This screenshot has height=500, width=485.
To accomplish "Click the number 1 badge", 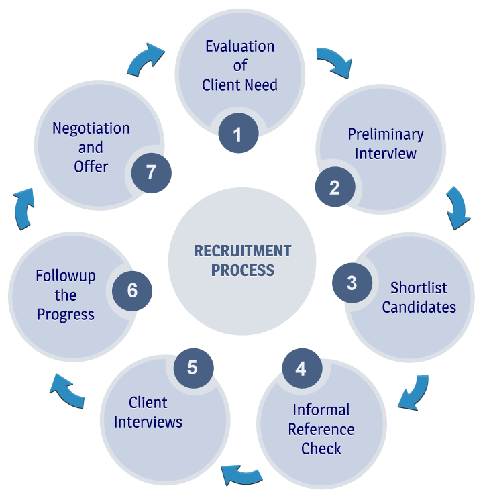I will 237,135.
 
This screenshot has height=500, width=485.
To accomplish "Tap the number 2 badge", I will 334,188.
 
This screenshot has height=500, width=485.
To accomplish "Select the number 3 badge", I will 352,283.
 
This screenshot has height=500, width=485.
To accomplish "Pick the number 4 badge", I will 301,368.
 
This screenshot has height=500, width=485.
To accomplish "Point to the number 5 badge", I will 193,368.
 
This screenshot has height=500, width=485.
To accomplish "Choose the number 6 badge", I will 132,290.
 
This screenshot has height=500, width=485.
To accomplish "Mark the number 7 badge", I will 151,172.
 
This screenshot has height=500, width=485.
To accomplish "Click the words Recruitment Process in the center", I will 242,261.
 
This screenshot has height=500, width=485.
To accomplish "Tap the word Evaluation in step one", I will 239,46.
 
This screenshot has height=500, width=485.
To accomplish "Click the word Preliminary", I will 385,134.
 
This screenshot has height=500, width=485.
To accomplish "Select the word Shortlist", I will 419,288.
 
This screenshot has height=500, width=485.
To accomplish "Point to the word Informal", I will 321,410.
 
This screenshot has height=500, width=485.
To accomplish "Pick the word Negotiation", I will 91,128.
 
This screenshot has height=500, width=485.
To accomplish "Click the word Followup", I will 65,276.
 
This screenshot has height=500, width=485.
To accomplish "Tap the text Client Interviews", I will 148,412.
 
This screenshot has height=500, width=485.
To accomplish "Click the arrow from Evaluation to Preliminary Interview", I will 333,61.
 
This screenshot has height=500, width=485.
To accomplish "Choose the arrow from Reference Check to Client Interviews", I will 241,474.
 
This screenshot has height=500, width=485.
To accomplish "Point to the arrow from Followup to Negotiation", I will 25,209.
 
